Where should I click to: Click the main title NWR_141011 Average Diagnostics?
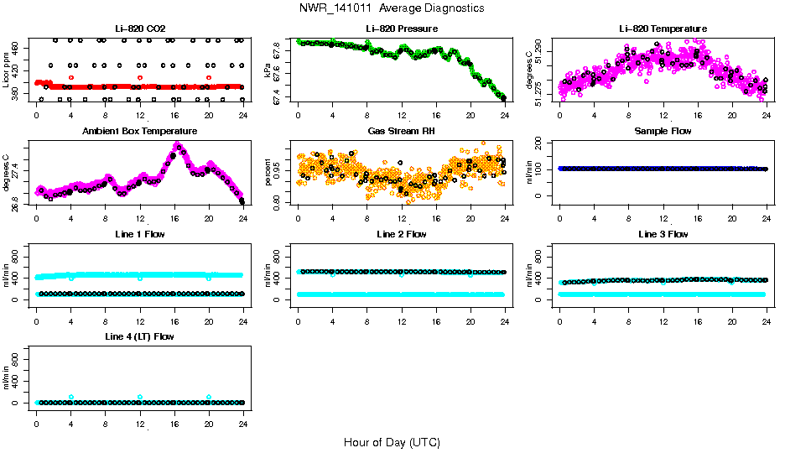pos(392,8)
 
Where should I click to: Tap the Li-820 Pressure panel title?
pos(401,29)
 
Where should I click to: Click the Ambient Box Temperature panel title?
pos(139,132)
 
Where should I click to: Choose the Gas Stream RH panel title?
pos(401,132)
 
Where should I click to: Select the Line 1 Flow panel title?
pos(139,234)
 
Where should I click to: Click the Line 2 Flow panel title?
pos(401,234)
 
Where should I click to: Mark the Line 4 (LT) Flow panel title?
pos(139,336)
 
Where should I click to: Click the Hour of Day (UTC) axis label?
pos(392,442)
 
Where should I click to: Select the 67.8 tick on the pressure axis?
pos(281,51)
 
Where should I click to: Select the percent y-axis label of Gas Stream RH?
pos(268,173)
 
